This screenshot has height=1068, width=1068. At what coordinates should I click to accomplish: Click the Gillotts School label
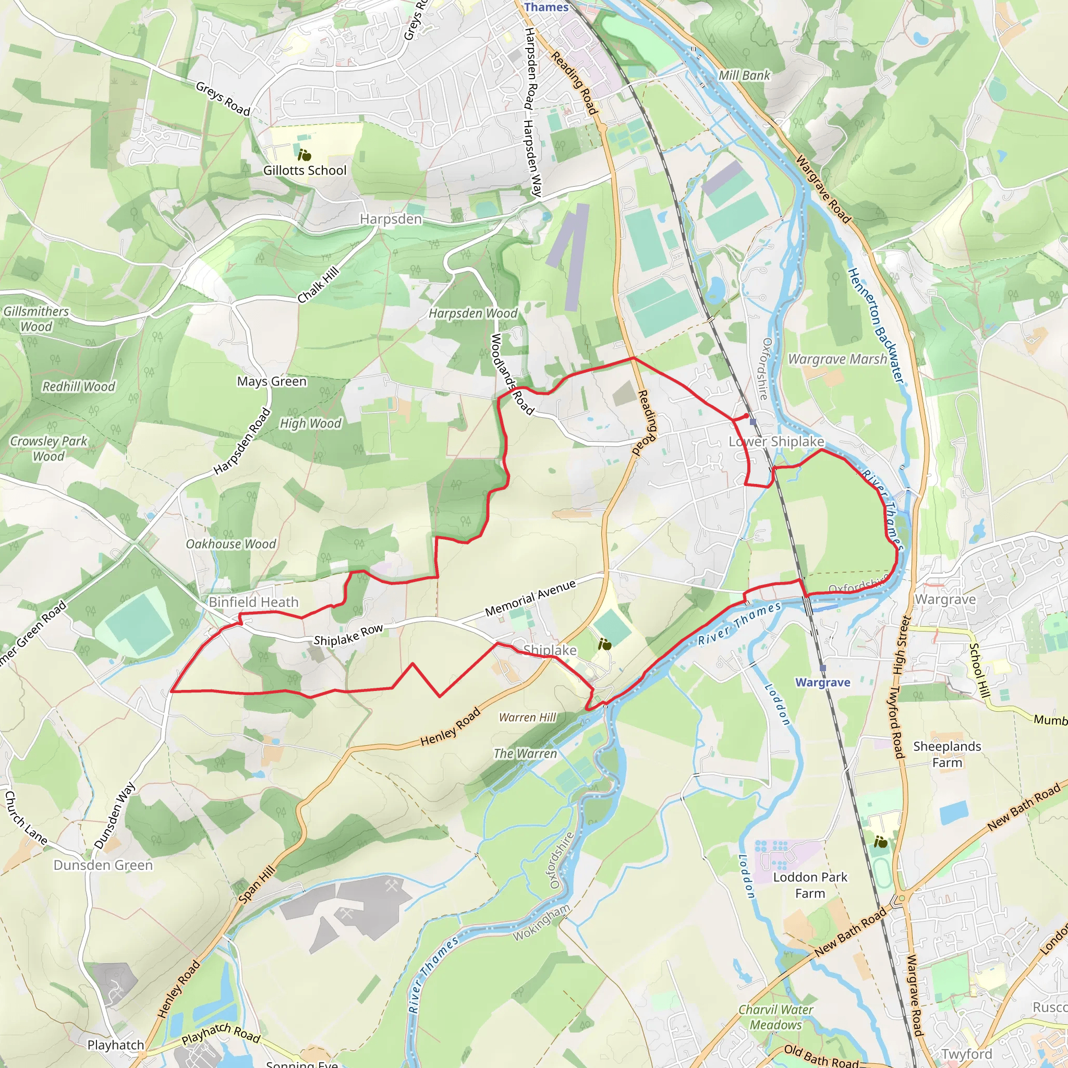305,170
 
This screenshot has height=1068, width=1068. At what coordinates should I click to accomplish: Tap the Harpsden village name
391,220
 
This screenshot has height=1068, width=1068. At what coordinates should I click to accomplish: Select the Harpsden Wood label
473,313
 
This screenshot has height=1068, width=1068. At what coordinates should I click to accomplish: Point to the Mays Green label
271,381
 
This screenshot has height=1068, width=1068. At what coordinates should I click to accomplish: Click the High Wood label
311,423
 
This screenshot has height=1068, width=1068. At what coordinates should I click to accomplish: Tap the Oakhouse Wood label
230,544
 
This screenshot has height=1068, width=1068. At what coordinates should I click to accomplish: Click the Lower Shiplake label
776,441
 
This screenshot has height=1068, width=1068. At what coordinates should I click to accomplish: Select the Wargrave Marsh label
837,359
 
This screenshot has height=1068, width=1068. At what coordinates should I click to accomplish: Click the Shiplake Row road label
348,635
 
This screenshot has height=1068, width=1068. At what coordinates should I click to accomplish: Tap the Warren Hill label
527,717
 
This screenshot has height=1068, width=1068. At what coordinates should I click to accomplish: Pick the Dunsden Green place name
103,865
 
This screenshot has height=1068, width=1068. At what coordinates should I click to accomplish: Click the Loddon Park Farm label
810,885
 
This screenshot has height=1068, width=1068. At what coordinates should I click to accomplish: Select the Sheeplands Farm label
947,754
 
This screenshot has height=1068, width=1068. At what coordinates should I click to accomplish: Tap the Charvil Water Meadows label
775,1017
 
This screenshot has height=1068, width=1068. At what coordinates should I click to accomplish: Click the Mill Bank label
744,75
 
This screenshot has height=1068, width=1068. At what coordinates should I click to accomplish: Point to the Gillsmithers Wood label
36,319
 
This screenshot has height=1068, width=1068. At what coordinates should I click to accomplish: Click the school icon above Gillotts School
304,155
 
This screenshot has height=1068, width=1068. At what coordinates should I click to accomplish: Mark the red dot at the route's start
746,416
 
